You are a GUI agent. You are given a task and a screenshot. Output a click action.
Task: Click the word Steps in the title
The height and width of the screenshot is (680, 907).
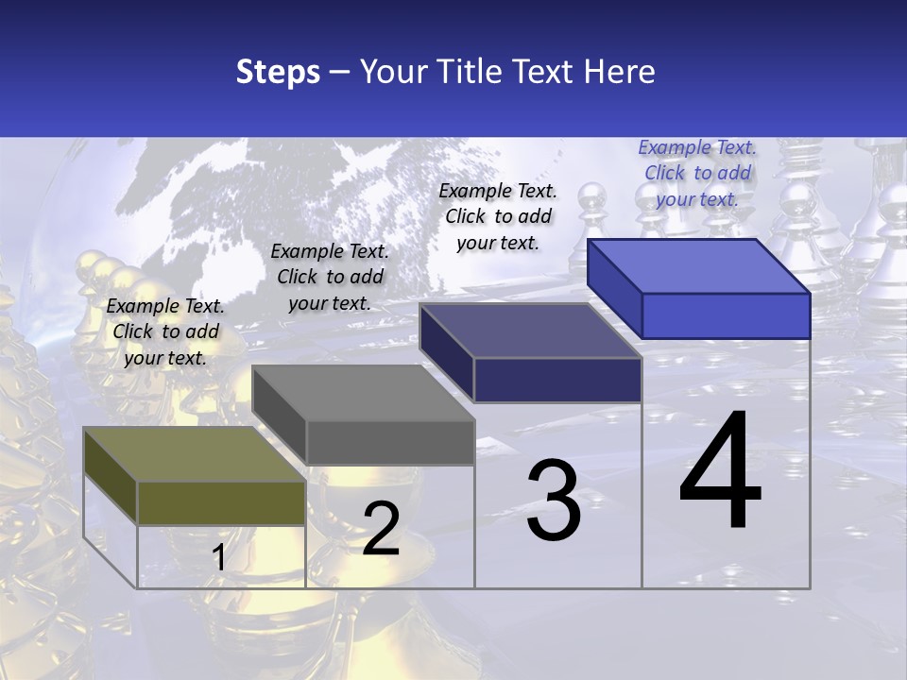[278, 72]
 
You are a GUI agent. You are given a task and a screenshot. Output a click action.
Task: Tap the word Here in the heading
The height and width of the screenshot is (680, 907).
[619, 72]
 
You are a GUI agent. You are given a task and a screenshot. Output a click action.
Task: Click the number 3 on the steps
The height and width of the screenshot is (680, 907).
[554, 501]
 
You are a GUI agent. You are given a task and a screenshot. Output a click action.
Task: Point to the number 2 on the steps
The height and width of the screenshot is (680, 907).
[381, 529]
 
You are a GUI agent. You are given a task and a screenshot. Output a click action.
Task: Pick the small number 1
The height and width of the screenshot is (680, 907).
[218, 558]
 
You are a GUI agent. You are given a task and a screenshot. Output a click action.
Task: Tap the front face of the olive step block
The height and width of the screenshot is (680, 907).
[221, 502]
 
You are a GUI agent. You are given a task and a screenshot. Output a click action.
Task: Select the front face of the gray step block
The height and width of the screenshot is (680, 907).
[389, 442]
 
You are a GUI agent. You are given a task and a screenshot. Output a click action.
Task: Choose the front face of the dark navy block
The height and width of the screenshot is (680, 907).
[557, 380]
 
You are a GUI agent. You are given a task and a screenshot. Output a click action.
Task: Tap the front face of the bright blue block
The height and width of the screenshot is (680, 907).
[726, 315]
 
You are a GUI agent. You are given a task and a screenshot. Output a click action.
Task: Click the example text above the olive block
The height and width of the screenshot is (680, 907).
[165, 331]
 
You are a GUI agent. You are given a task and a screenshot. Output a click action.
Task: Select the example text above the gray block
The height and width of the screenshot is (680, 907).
[330, 277]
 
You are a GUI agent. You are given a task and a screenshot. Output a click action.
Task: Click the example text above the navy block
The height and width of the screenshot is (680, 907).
[498, 216]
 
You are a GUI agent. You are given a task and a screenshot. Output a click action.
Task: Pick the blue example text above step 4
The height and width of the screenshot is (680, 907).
[697, 173]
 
